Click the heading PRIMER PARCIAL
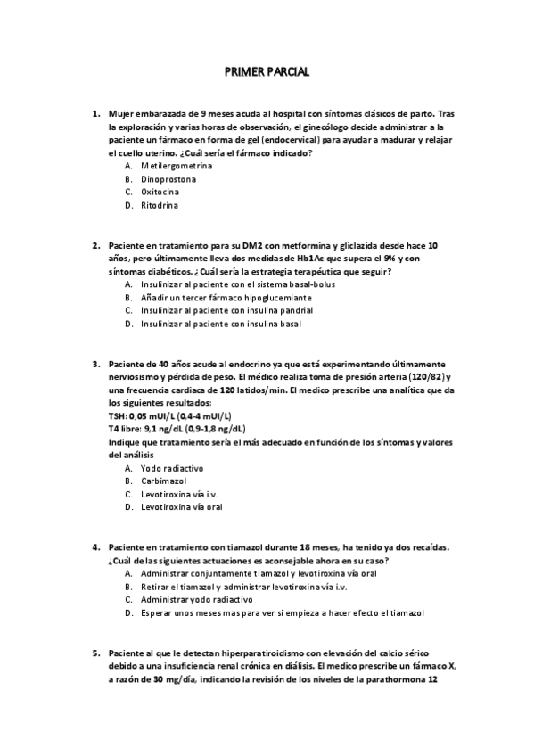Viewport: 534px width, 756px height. [267, 72]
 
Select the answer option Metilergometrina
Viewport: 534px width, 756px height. [177, 166]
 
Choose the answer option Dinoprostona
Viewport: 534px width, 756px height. [169, 179]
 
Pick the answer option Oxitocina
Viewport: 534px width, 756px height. [160, 192]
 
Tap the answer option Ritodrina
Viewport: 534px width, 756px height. [160, 205]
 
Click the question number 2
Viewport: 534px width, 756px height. [96, 244]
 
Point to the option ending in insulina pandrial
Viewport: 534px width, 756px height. [226, 310]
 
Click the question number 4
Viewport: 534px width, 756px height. [96, 547]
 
